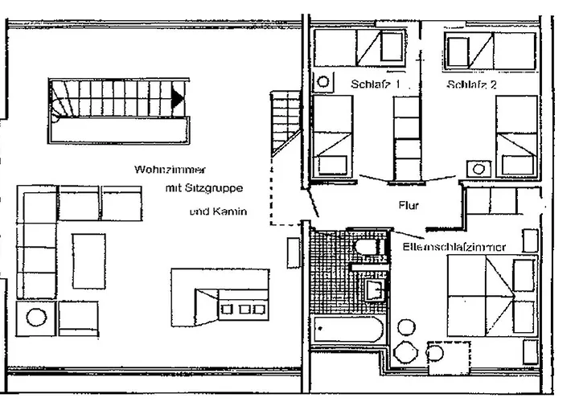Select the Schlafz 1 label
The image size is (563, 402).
tap(376, 84)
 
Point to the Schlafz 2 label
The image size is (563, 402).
tap(472, 84)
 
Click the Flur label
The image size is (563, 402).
tap(409, 206)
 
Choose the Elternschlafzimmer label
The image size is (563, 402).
tap(454, 247)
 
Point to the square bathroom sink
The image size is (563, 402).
tap(375, 288)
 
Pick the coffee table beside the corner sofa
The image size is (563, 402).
tap(88, 260)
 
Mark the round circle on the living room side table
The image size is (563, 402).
tap(36, 316)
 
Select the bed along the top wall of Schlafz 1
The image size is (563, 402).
tap(359, 49)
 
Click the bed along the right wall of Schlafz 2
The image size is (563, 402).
tap(516, 135)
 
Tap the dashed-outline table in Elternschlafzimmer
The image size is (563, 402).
tap(448, 352)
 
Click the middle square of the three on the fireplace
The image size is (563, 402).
tap(241, 308)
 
